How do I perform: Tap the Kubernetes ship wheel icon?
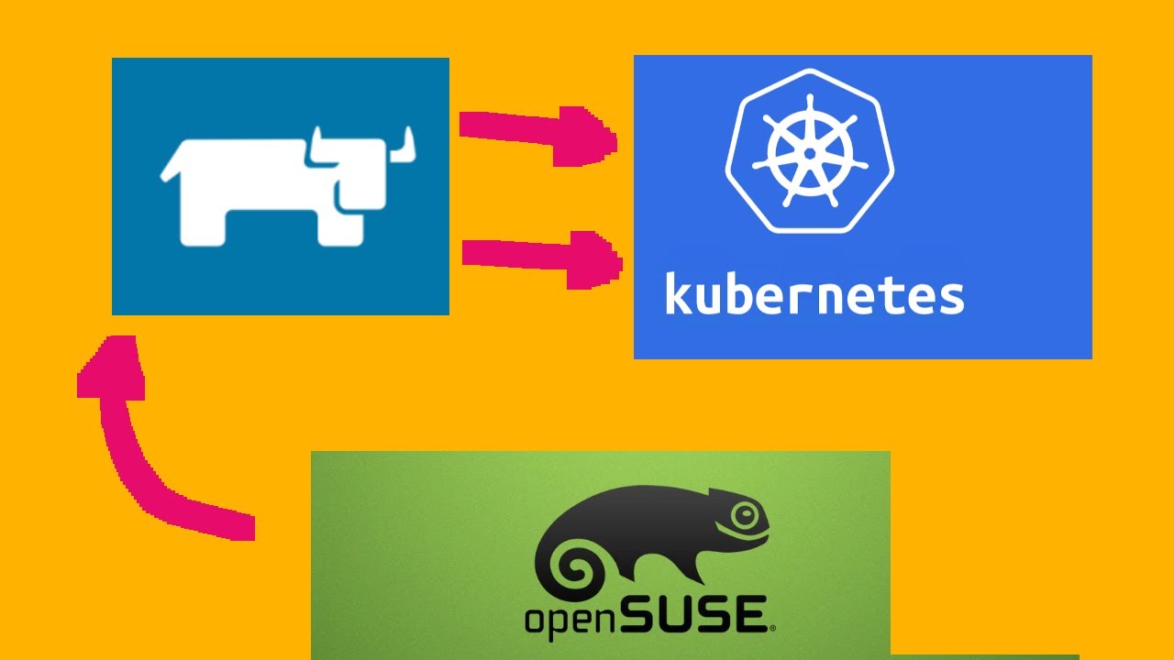pyautogui.click(x=809, y=151)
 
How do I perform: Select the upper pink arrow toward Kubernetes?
pyautogui.click(x=537, y=134)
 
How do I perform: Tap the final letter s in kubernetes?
pyautogui.click(x=950, y=298)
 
